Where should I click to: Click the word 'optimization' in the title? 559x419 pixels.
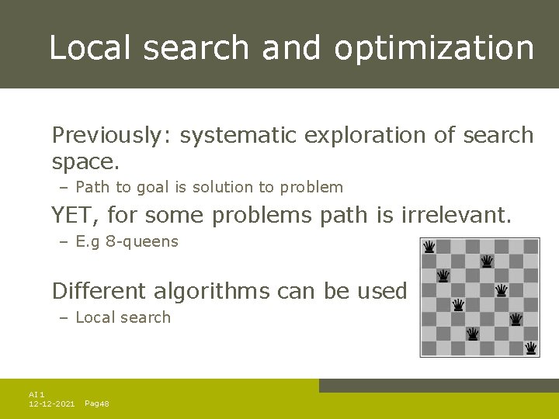point(434,48)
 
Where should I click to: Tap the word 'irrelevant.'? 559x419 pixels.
point(457,214)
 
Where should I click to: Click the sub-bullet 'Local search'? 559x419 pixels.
point(123,317)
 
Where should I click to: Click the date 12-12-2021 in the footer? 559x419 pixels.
point(51,404)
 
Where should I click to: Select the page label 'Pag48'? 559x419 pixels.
point(96,404)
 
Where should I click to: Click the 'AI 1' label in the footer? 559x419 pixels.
point(36,395)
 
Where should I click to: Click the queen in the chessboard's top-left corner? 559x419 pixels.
point(429,247)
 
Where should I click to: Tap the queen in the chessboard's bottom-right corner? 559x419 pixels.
point(531,348)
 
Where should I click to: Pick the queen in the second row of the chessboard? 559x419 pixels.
point(487,261)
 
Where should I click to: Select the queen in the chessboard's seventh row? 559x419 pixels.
point(472,334)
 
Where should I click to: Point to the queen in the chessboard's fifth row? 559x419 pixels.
point(458,305)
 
